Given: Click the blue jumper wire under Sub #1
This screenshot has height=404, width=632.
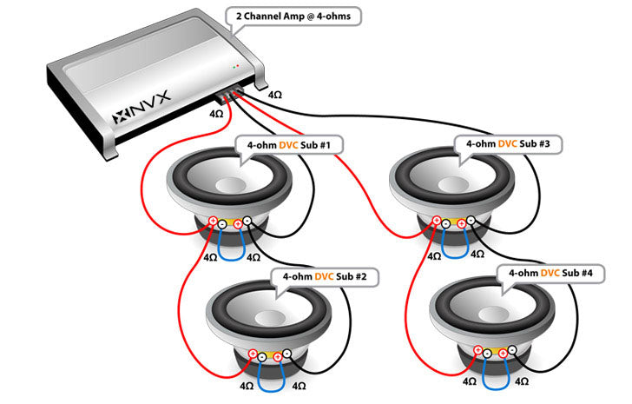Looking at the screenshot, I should point(227,252).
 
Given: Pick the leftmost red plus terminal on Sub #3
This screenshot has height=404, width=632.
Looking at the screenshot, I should point(437,221).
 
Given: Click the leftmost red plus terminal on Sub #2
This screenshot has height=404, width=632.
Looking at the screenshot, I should point(253,354).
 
